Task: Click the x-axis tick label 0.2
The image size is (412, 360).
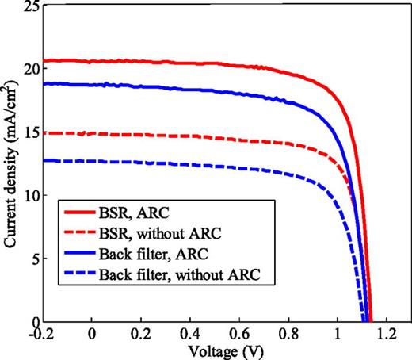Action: click(x=142, y=335)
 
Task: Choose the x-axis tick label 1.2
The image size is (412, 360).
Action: click(x=386, y=335)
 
